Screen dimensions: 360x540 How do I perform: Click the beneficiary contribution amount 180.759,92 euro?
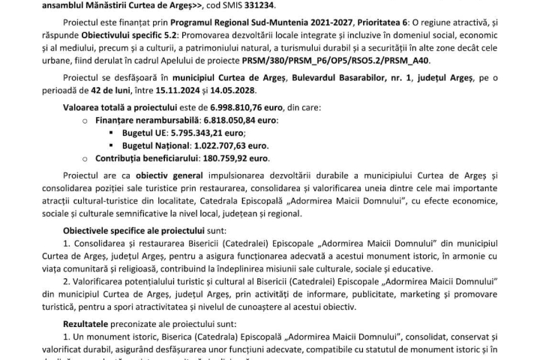[227, 159]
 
